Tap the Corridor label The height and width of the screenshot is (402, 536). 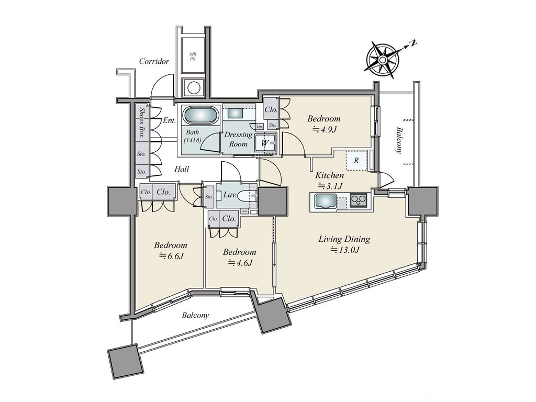pos(154,61)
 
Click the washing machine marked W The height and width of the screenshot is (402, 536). pos(265,142)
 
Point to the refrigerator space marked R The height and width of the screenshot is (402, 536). pos(356,161)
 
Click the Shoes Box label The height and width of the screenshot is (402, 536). pos(142,122)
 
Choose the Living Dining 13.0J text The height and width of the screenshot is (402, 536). pos(344,244)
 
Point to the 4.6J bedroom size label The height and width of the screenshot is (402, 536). pos(240,263)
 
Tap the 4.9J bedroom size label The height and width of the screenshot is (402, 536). pos(324,129)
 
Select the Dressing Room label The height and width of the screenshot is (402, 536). pos(238,139)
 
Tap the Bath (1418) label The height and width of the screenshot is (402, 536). pos(194,136)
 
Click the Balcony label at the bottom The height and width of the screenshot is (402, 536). pos(195,315)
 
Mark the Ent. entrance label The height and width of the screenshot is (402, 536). pos(169,120)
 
